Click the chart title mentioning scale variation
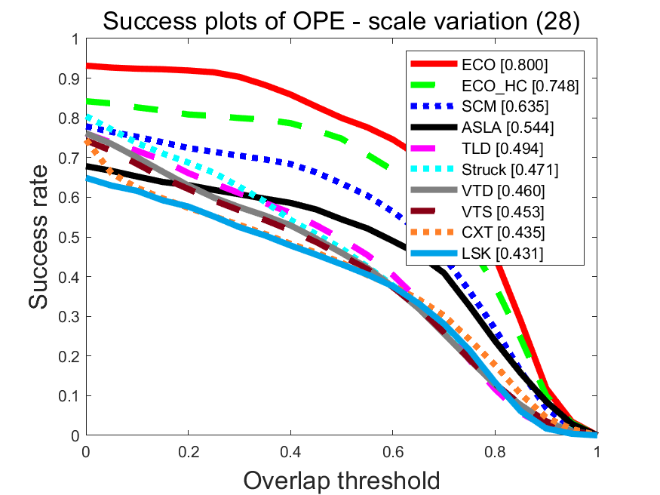click(341, 22)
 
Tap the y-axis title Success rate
click(41, 237)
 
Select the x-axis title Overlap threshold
click(341, 479)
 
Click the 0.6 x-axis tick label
click(393, 451)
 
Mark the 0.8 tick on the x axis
click(495, 451)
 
